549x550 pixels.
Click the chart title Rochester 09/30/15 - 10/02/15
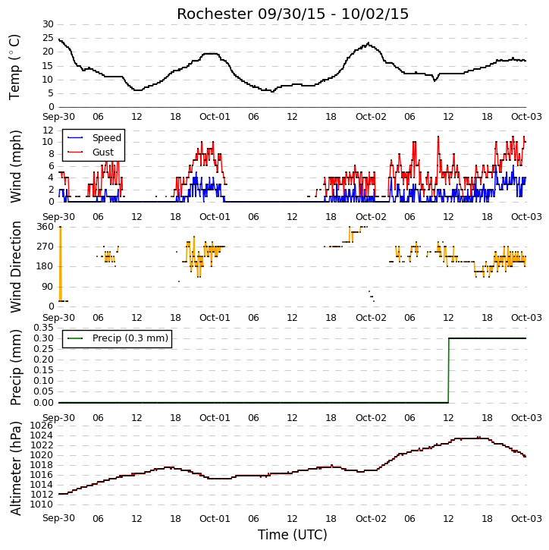(293, 14)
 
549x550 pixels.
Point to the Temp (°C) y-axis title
(14, 67)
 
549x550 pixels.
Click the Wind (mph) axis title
(15, 166)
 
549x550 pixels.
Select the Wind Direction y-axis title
(15, 266)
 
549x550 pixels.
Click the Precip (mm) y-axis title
(15, 367)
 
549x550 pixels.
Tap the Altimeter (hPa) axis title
(15, 469)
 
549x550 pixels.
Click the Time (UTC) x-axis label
(293, 535)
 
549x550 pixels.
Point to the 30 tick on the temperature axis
(48, 24)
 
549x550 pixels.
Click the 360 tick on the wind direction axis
(45, 227)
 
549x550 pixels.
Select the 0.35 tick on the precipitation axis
(43, 328)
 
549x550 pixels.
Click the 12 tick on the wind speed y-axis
(48, 130)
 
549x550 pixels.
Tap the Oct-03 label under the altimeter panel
(526, 518)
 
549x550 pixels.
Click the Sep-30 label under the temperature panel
(58, 117)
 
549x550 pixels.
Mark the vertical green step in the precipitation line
(448, 370)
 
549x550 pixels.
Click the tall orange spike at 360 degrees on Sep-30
(61, 264)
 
